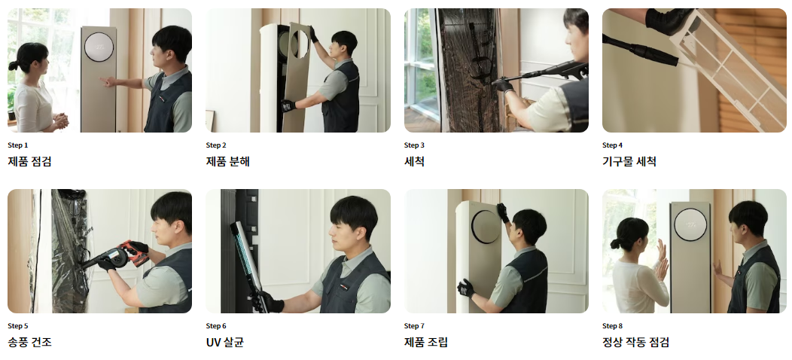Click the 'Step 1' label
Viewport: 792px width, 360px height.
[x=18, y=145]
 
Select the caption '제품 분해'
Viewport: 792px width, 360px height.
[x=227, y=161]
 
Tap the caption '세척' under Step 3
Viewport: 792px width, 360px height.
[x=414, y=161]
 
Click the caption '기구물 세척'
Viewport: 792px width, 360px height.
[x=629, y=161]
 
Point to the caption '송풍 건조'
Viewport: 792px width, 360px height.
[x=29, y=342]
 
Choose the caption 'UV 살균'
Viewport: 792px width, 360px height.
[x=224, y=342]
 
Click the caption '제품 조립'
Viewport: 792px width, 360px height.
[x=426, y=342]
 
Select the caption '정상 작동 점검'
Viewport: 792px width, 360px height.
[x=635, y=342]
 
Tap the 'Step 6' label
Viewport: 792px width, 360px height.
[x=216, y=326]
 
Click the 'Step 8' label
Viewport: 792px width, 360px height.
[x=613, y=326]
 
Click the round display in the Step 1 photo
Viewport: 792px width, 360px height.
[x=99, y=47]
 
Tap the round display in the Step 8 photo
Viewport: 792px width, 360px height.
[x=690, y=225]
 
